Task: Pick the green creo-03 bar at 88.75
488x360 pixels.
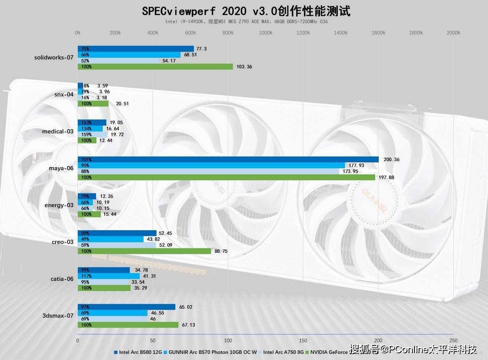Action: click(x=144, y=251)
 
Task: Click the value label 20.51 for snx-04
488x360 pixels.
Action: click(x=119, y=104)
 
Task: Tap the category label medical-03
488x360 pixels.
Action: click(x=58, y=131)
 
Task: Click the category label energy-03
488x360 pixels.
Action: click(x=59, y=205)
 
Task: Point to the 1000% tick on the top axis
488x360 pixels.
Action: click(x=265, y=33)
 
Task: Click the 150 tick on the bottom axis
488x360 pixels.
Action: click(x=303, y=340)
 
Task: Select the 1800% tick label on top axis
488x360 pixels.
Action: click(x=416, y=33)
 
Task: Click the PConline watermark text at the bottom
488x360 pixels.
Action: click(x=414, y=349)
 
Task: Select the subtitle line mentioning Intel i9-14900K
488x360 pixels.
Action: click(x=247, y=22)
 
